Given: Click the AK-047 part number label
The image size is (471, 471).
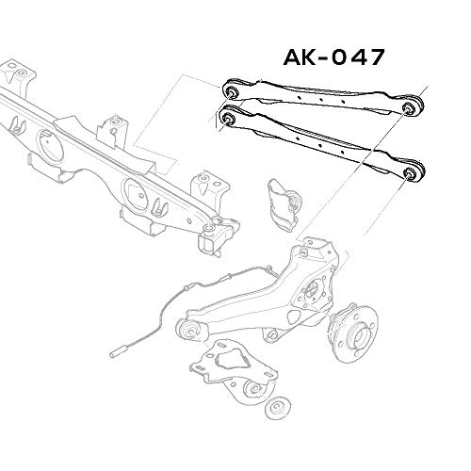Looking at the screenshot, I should (332, 57).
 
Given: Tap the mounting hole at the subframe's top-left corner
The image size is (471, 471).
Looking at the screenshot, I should (14, 69).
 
